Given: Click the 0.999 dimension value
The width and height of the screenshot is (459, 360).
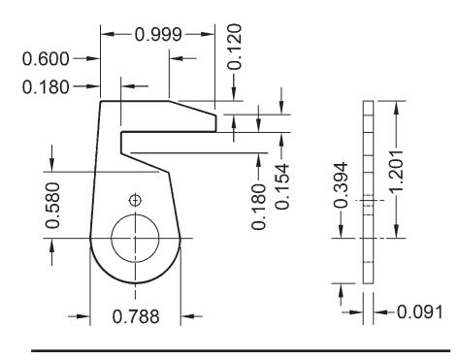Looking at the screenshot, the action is pyautogui.click(x=158, y=35).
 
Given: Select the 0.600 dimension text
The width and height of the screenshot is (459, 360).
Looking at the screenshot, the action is pyautogui.click(x=46, y=59).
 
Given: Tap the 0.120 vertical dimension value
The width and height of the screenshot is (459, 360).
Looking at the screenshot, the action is pyautogui.click(x=234, y=47).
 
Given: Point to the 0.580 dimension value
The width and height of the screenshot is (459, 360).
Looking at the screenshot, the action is pyautogui.click(x=52, y=206).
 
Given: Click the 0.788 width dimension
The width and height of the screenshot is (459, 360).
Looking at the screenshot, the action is pyautogui.click(x=136, y=316).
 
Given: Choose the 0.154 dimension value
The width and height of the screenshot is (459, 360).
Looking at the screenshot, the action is pyautogui.click(x=282, y=186).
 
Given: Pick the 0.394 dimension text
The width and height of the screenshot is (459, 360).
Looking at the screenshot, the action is pyautogui.click(x=341, y=185).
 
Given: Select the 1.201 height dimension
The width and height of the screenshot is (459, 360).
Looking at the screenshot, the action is pyautogui.click(x=396, y=172).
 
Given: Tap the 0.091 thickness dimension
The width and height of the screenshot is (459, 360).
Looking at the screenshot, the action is pyautogui.click(x=419, y=312).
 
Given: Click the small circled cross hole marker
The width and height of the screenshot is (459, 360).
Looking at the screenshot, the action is pyautogui.click(x=135, y=201).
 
